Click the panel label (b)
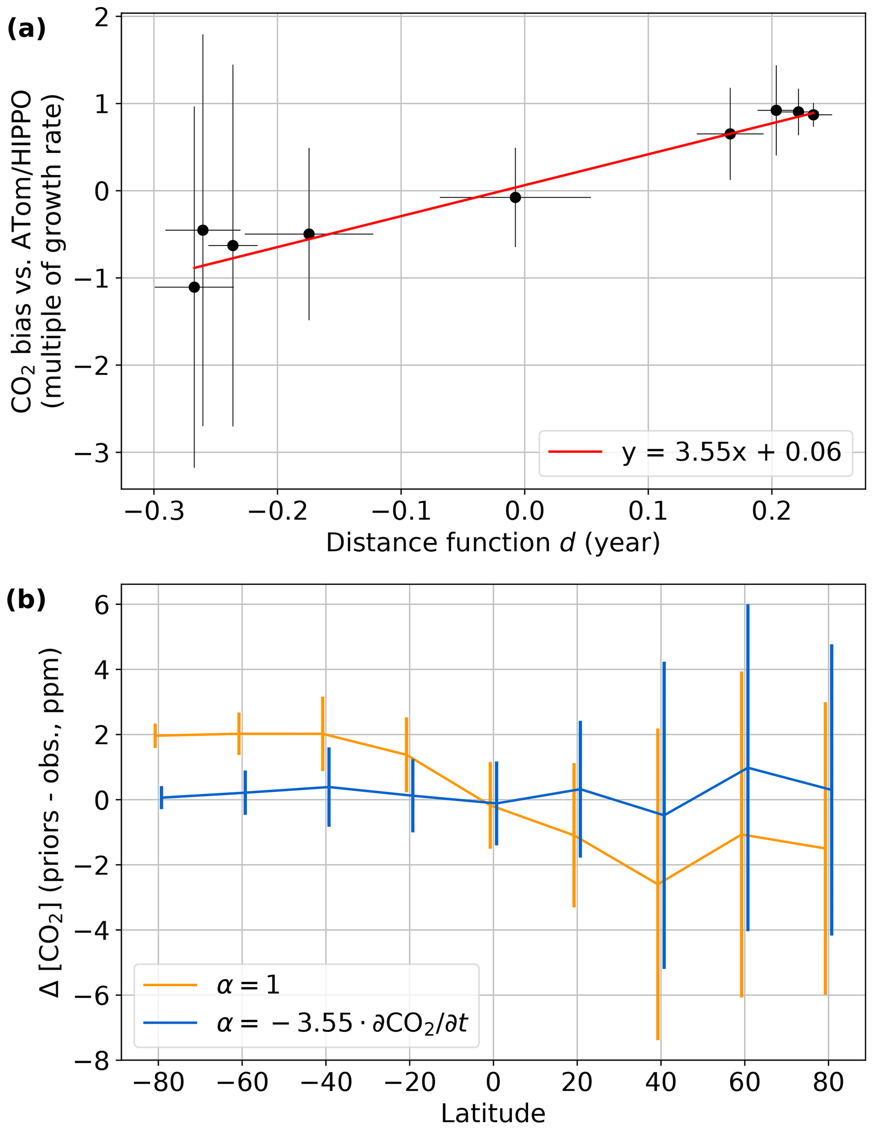[x=26, y=600]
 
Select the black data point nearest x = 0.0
[x=515, y=197]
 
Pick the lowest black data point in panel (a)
[x=194, y=287]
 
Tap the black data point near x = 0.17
[x=730, y=134]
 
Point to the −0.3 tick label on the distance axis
[x=154, y=511]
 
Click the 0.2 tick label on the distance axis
[x=772, y=511]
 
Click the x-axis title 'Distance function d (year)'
[x=493, y=543]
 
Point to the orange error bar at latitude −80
[x=155, y=735]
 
